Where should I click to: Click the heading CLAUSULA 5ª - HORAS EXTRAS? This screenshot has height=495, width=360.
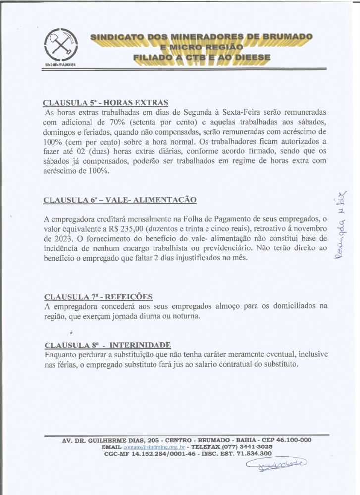click(x=105, y=103)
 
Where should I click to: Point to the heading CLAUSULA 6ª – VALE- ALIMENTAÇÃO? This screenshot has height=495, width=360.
click(x=120, y=200)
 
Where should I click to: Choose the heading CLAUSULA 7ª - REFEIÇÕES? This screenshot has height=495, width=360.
click(x=98, y=297)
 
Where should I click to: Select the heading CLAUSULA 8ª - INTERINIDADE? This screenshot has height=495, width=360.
click(x=107, y=345)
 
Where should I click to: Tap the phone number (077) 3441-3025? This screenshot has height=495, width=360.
click(x=240, y=446)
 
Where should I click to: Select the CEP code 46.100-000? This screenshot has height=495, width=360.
click(x=293, y=440)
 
